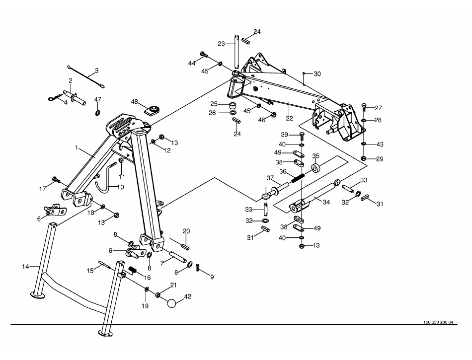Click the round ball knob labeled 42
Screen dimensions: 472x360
pyautogui.click(x=171, y=303)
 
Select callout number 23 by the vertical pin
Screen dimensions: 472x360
pyautogui.click(x=221, y=44)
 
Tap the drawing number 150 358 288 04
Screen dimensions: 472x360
pyautogui.click(x=438, y=322)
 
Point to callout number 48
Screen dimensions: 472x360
pyautogui.click(x=134, y=102)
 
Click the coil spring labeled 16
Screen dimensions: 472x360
pyautogui.click(x=133, y=270)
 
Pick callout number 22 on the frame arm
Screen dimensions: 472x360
pyautogui.click(x=289, y=119)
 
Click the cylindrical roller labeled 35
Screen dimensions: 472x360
pyautogui.click(x=315, y=168)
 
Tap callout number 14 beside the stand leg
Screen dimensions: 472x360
pyautogui.click(x=25, y=267)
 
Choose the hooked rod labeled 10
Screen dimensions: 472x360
pyautogui.click(x=106, y=177)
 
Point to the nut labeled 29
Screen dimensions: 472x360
pyautogui.click(x=363, y=158)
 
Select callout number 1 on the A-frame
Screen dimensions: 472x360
pyautogui.click(x=77, y=147)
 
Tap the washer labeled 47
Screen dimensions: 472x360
pyautogui.click(x=97, y=113)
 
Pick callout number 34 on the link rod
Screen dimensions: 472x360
pyautogui.click(x=326, y=202)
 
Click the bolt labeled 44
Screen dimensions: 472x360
pyautogui.click(x=204, y=55)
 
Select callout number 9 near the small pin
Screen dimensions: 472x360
pyautogui.click(x=212, y=277)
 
